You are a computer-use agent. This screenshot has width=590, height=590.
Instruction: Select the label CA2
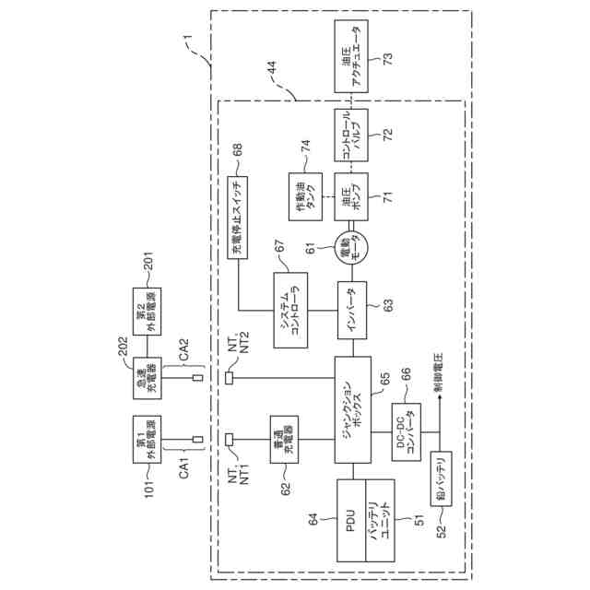(183, 346)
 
